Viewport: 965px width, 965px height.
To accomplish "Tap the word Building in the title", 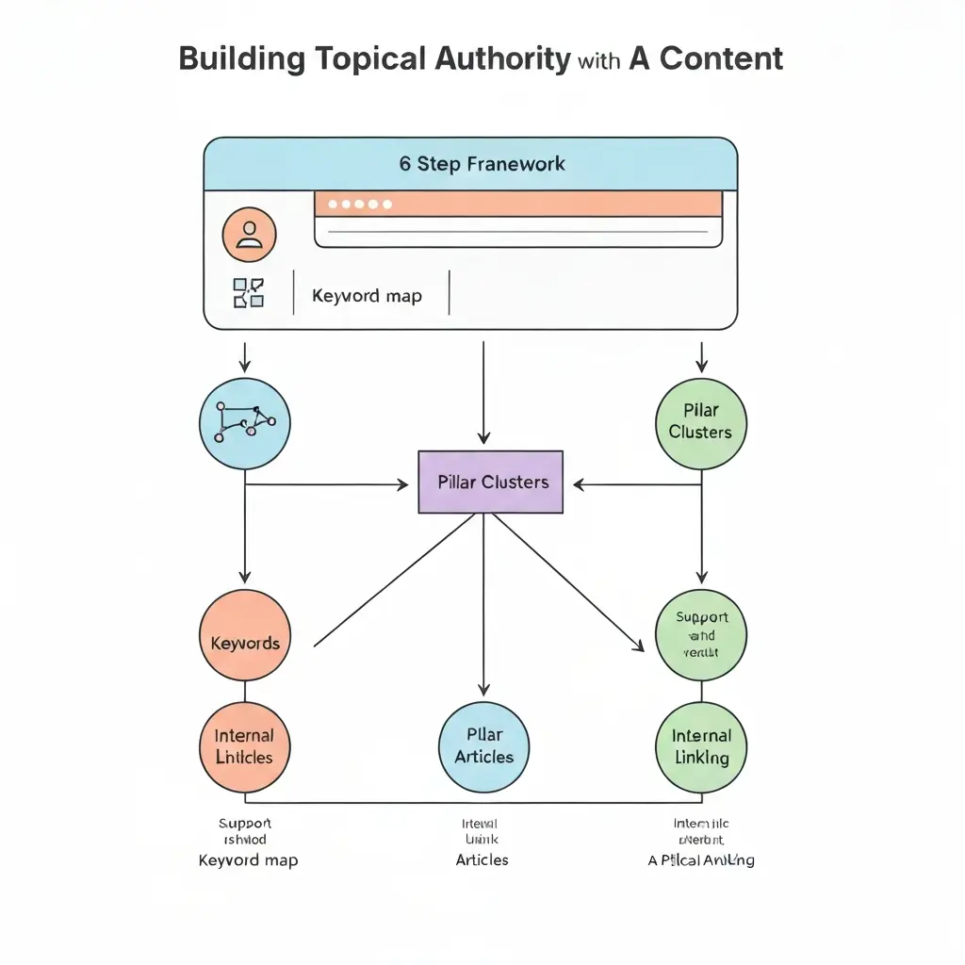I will (x=240, y=58).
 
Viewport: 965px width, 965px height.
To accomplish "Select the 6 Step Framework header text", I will (x=482, y=164).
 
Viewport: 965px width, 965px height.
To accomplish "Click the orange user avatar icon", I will (x=249, y=235).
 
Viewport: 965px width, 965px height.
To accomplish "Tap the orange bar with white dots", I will (x=517, y=204).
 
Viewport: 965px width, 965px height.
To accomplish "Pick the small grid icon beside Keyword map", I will (x=249, y=293).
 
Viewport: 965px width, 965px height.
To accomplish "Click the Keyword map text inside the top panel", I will (x=367, y=296).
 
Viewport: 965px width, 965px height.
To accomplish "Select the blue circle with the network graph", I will (x=245, y=423).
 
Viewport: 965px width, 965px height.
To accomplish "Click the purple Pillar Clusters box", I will (x=490, y=482).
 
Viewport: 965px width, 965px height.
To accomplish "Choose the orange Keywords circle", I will (x=245, y=644).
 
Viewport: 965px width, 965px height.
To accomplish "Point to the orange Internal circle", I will (x=245, y=746).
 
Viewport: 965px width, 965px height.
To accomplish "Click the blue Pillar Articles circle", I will (x=484, y=745).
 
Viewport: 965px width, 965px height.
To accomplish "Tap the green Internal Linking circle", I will (x=701, y=746).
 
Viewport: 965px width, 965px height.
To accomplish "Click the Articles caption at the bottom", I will (x=482, y=859).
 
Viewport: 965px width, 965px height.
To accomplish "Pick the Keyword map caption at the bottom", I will (x=248, y=859).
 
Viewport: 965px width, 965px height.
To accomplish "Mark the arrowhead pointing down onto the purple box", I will (x=483, y=438).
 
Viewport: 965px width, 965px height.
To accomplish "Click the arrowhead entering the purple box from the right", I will (x=580, y=485).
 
